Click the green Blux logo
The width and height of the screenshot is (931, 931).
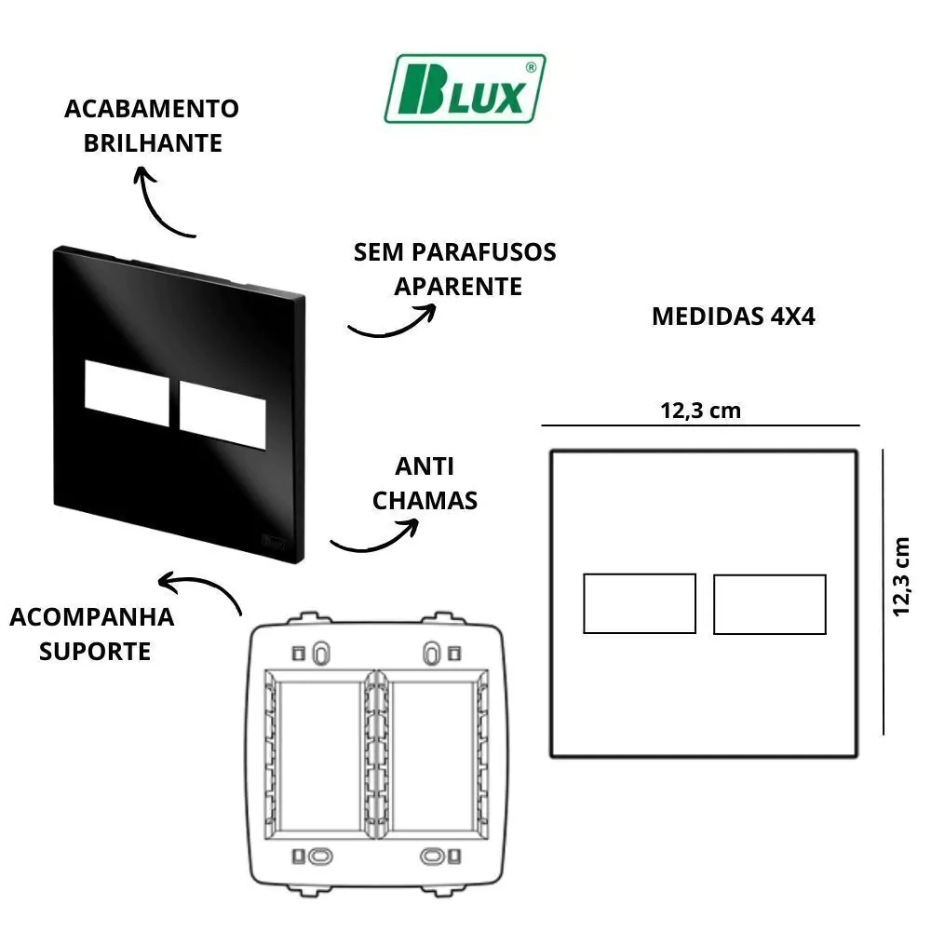point(465,88)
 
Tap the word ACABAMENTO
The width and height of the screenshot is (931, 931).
point(152,109)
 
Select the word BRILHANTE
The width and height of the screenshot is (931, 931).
point(153,143)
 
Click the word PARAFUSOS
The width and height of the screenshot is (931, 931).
point(484,251)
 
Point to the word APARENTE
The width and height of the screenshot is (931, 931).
point(458,286)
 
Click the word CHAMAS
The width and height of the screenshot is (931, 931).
point(425,501)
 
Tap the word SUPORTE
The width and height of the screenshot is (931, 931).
point(95,652)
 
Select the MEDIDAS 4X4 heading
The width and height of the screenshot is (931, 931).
point(734,317)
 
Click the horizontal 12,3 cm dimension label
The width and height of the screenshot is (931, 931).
point(701,411)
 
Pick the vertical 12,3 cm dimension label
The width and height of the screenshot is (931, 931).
point(901,576)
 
